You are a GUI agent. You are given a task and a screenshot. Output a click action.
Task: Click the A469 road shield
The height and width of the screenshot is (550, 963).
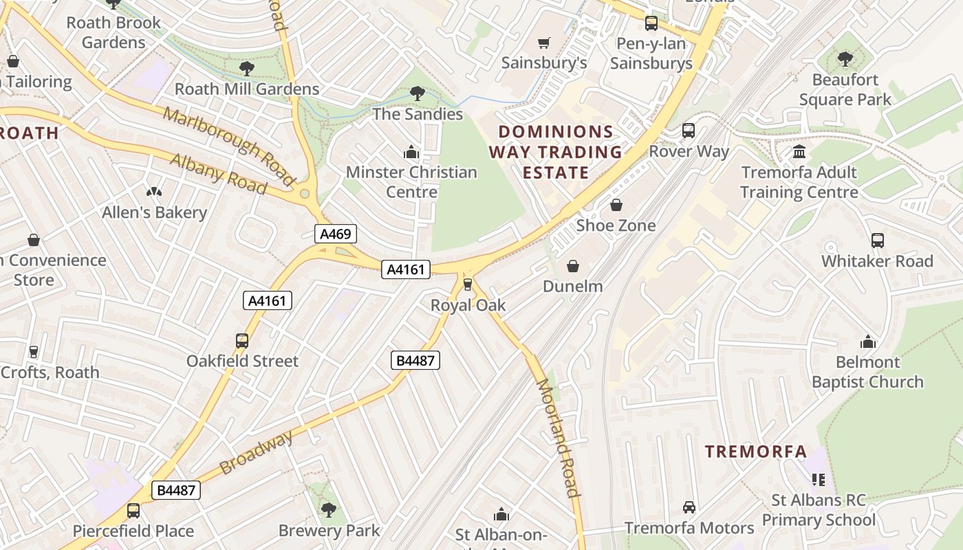pyautogui.click(x=336, y=234)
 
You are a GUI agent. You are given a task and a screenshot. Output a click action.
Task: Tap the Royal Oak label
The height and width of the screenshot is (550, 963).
pyautogui.click(x=468, y=305)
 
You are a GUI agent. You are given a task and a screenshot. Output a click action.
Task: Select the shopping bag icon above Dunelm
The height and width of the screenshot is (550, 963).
pyautogui.click(x=573, y=266)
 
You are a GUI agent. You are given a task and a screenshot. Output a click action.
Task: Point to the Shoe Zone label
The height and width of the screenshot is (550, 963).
pyautogui.click(x=616, y=225)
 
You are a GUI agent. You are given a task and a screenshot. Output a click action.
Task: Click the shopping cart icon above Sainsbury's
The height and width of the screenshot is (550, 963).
pyautogui.click(x=543, y=43)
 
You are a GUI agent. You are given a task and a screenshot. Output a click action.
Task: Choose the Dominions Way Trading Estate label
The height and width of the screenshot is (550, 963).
pyautogui.click(x=556, y=152)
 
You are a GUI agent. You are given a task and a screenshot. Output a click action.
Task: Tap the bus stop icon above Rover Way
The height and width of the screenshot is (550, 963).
pyautogui.click(x=689, y=131)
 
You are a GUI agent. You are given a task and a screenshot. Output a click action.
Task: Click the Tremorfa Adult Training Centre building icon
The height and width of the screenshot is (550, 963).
pyautogui.click(x=799, y=151)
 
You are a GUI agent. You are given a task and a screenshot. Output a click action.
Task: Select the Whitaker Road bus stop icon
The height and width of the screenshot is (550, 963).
pyautogui.click(x=877, y=241)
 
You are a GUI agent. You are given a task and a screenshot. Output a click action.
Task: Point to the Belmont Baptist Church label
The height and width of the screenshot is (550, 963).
pyautogui.click(x=867, y=372)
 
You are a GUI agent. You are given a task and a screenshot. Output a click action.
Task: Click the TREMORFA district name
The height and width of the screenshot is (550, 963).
pyautogui.click(x=756, y=452)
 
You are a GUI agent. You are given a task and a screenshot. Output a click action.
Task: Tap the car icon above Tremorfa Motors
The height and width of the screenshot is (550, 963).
pyautogui.click(x=689, y=507)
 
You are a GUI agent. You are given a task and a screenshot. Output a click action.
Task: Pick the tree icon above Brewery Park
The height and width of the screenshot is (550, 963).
pyautogui.click(x=329, y=510)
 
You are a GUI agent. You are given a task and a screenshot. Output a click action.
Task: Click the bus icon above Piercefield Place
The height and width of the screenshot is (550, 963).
pyautogui.click(x=133, y=511)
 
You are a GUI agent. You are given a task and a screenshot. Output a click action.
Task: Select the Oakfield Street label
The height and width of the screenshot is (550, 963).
pyautogui.click(x=242, y=361)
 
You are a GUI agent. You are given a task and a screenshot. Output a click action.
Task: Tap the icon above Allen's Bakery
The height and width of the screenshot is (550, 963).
pyautogui.click(x=154, y=192)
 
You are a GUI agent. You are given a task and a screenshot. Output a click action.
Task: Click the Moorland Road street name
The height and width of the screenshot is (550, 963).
pyautogui.click(x=557, y=437)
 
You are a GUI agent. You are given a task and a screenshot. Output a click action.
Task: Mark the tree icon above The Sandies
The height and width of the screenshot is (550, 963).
pyautogui.click(x=417, y=93)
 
